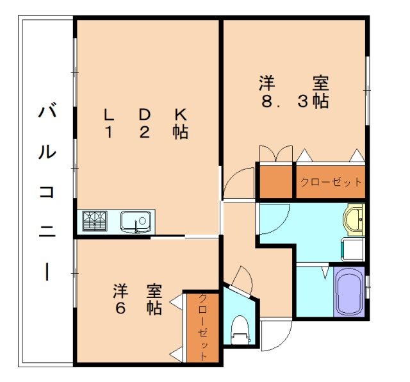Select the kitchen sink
(x=136, y=222)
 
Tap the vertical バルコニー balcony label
(x=47, y=192)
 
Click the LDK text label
(x=145, y=115)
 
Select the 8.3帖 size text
(x=295, y=101)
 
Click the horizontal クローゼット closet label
(x=331, y=182)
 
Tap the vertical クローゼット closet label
(x=203, y=327)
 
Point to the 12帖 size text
(x=147, y=133)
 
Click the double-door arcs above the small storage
(x=274, y=154)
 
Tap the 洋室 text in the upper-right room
(x=295, y=83)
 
